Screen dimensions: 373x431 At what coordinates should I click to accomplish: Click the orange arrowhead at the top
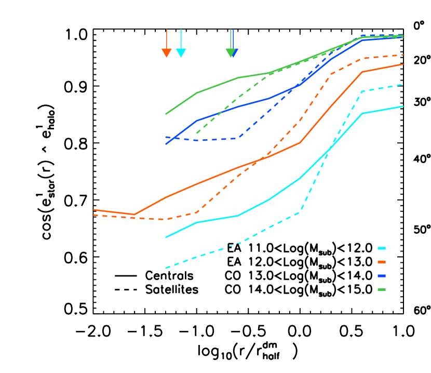point(166,53)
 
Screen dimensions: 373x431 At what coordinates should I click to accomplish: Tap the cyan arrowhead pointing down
point(181,53)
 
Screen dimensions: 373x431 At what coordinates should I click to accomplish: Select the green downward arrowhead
point(230,53)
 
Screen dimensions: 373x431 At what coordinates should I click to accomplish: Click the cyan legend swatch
point(382,248)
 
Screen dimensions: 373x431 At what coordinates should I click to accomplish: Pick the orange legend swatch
point(382,262)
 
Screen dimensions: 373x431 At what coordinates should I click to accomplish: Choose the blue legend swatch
point(382,276)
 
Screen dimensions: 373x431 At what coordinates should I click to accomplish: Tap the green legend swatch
point(382,289)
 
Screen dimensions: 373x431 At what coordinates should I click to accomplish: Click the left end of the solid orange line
point(94,210)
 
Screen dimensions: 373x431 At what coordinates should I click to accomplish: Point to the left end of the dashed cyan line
point(166,268)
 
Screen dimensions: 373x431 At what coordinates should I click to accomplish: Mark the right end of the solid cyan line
point(403,106)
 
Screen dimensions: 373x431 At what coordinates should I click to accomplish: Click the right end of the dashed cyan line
point(403,84)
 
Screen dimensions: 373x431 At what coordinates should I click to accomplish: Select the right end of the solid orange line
point(403,64)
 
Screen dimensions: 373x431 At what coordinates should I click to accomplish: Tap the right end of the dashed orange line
point(403,55)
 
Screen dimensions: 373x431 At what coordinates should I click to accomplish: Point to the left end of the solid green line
point(166,114)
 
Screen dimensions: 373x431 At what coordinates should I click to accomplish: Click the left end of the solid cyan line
point(166,237)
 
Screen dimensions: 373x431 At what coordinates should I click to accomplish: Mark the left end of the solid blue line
point(166,144)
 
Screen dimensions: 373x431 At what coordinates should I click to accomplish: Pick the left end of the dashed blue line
point(166,137)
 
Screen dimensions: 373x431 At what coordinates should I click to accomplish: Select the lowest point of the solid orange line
point(134,214)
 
